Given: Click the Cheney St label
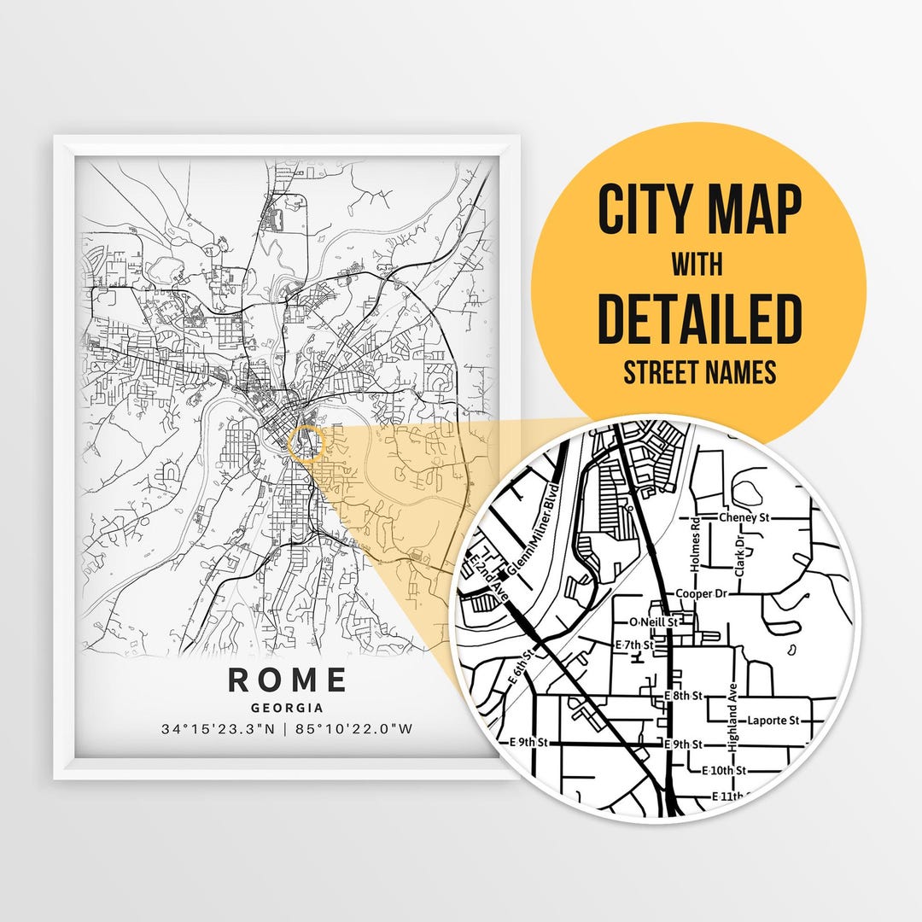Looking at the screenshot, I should coord(744,517).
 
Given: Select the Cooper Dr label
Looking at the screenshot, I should coord(699,593).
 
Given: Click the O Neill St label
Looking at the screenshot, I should coord(652,622).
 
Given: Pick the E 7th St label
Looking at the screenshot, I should coord(634,645).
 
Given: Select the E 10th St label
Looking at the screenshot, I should coord(724,770).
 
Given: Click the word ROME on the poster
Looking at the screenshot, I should coord(288,680).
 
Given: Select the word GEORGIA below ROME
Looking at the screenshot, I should coord(287,708).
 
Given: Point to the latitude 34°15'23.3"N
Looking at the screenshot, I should coord(219,729).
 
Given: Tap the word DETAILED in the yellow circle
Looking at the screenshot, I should coord(698,318).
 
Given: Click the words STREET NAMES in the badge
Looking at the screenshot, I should coord(699,372).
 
